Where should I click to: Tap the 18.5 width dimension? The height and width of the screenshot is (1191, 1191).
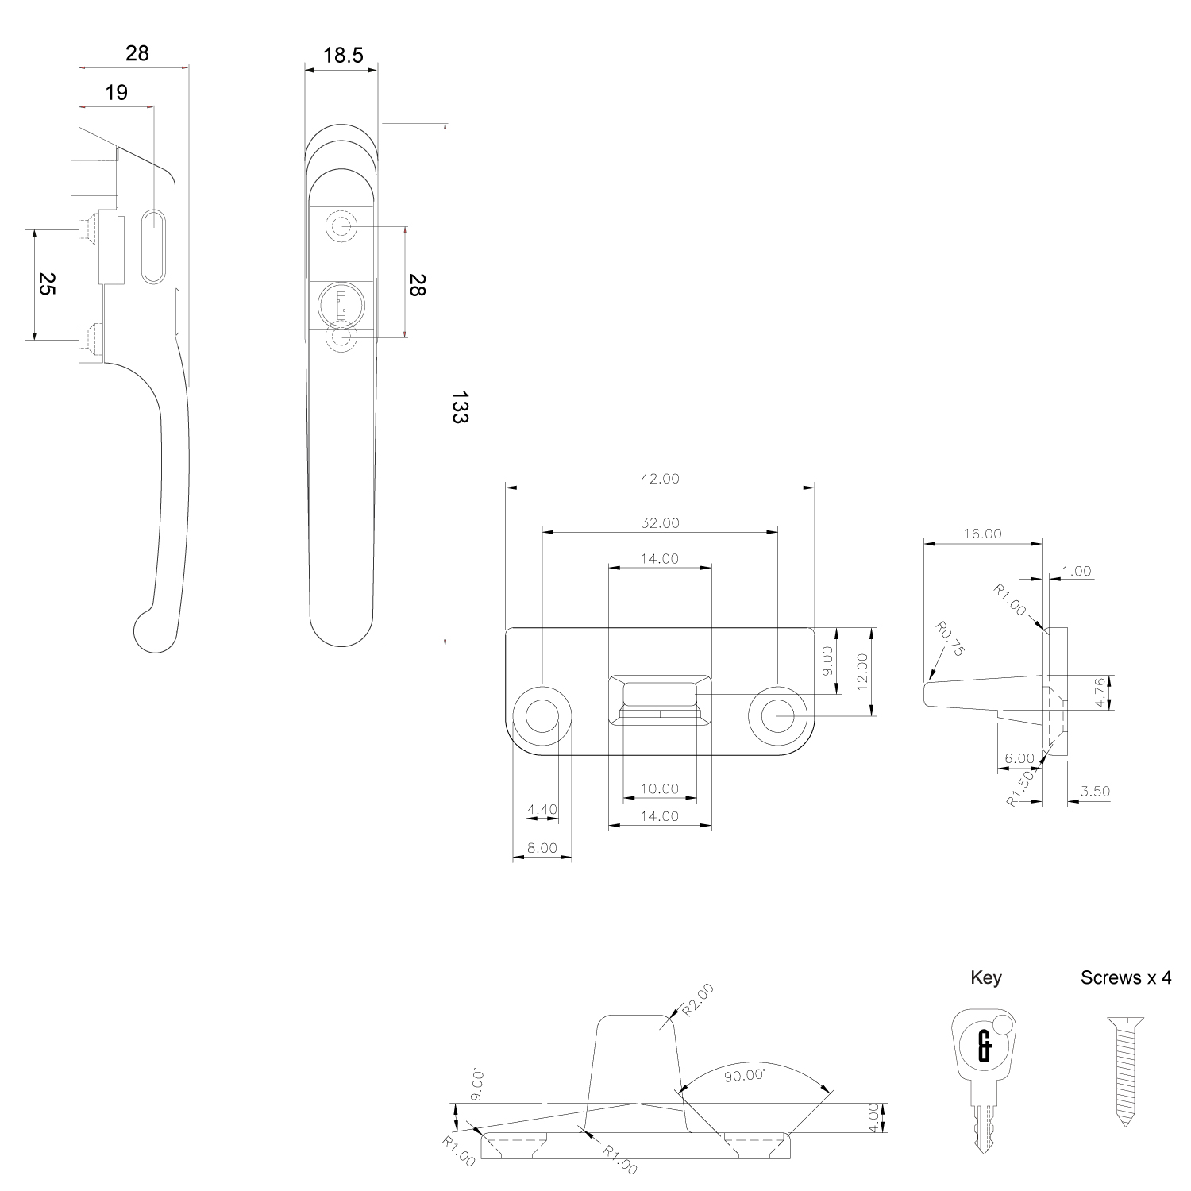[343, 55]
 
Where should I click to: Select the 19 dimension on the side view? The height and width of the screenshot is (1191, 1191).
[116, 93]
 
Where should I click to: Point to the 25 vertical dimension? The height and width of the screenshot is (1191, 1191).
[47, 284]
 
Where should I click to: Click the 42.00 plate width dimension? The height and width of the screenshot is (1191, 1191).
[661, 479]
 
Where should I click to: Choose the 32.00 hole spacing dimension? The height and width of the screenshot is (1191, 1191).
[661, 523]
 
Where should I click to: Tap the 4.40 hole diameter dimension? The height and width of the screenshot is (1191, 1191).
[542, 810]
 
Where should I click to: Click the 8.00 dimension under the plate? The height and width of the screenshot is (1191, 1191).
[542, 848]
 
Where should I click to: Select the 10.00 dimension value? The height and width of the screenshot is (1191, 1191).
[661, 789]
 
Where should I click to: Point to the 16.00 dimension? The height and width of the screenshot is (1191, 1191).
[983, 534]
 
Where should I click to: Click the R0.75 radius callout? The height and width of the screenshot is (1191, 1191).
[949, 640]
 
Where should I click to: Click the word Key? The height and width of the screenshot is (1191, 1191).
[986, 977]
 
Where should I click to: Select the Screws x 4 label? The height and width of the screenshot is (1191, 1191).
[1126, 977]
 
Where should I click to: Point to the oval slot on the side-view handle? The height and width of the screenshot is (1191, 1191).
[153, 245]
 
